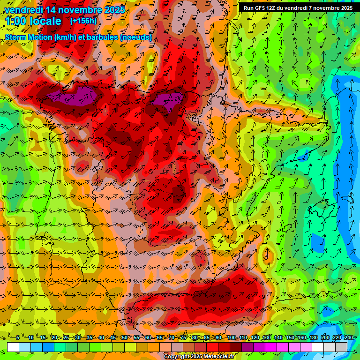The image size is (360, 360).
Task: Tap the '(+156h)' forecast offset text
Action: (x=83, y=21)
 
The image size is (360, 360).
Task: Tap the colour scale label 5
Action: (x=18, y=337)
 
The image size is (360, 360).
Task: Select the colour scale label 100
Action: (x=231, y=337)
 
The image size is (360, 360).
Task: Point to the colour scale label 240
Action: (x=349, y=337)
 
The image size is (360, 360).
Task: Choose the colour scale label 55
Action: (x=136, y=337)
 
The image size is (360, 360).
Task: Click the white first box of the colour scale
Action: (x=13, y=347)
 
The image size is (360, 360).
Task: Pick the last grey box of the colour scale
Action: (x=341, y=347)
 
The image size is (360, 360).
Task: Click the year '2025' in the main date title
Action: (x=115, y=10)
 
